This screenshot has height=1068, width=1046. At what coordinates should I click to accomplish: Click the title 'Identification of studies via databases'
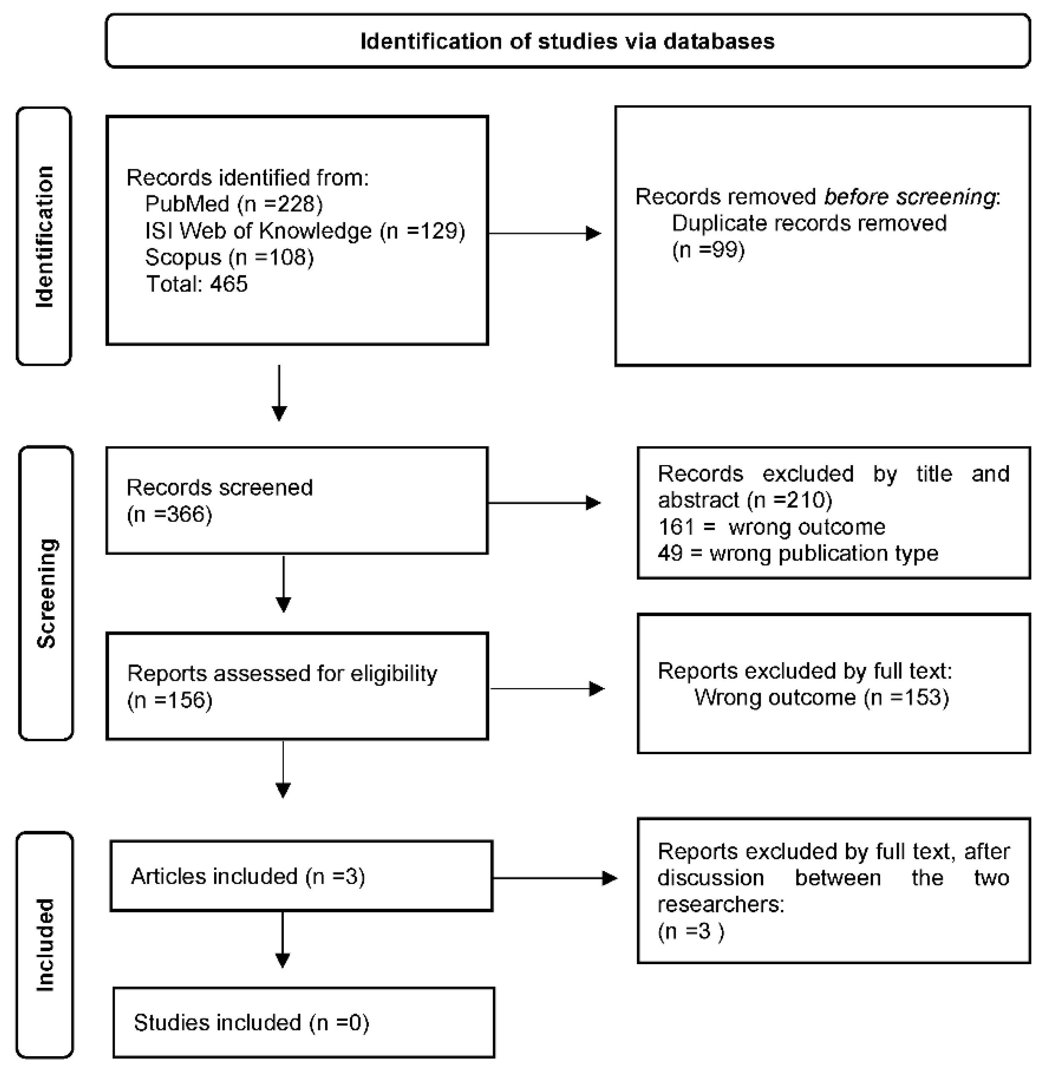point(567,41)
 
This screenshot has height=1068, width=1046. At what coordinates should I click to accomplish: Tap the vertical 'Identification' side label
point(45,236)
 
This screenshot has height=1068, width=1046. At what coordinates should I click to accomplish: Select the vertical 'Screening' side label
point(47,593)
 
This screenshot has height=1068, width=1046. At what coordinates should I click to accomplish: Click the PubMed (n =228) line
point(234,204)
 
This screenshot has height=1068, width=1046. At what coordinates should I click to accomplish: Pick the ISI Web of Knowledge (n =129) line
point(305,231)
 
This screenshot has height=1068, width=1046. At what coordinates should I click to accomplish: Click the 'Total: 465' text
point(197,284)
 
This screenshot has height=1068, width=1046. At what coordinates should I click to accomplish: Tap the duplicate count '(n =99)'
point(708,250)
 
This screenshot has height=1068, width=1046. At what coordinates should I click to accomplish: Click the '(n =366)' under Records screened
point(169,514)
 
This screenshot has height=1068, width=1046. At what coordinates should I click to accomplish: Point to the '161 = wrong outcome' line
point(771,527)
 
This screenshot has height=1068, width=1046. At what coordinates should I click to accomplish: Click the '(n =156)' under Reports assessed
point(169,700)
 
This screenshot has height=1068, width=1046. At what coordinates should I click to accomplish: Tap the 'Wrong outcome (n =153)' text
point(821,697)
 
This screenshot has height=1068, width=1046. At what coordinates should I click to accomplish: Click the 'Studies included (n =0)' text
point(251,1022)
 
